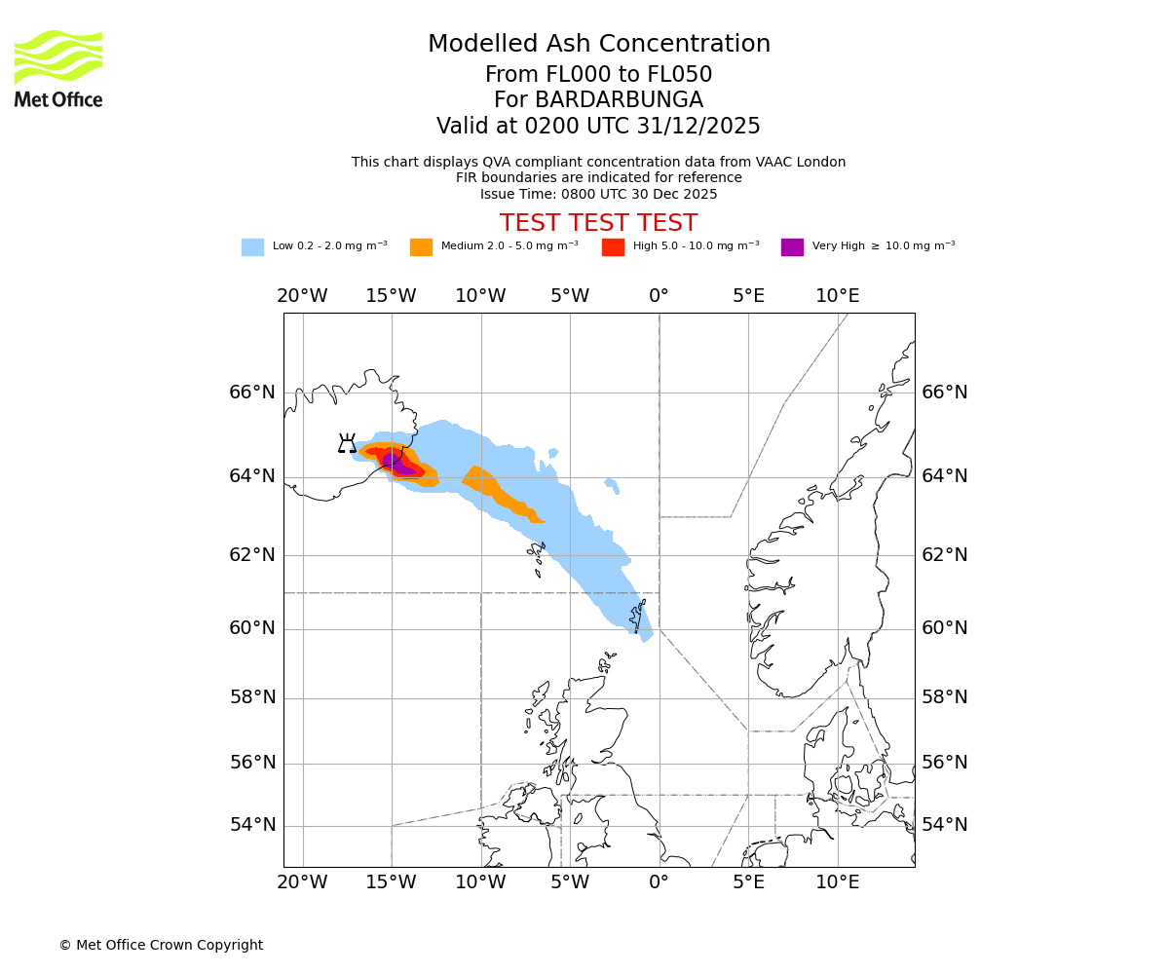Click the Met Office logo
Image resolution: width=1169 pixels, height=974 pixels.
pyautogui.click(x=58, y=68)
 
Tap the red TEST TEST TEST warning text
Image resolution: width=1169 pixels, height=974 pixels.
pyautogui.click(x=598, y=223)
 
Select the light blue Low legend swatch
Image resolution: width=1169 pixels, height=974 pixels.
pyautogui.click(x=252, y=247)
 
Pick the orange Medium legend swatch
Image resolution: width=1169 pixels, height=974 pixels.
pyautogui.click(x=421, y=247)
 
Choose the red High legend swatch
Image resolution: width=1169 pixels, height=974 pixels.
pyautogui.click(x=613, y=247)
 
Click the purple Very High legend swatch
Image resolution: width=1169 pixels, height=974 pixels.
pyautogui.click(x=792, y=247)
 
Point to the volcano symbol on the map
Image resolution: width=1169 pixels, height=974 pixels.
pyautogui.click(x=347, y=444)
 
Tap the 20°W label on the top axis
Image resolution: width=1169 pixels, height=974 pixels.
pyautogui.click(x=302, y=296)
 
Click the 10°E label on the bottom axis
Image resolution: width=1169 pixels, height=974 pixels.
pyautogui.click(x=837, y=882)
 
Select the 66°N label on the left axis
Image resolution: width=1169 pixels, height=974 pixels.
pyautogui.click(x=252, y=393)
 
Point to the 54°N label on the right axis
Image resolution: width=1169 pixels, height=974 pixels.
pyautogui.click(x=945, y=825)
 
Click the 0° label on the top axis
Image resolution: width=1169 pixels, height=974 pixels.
pyautogui.click(x=659, y=296)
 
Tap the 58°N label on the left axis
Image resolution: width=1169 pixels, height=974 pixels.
pyautogui.click(x=252, y=697)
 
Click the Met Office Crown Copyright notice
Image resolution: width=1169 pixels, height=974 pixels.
pyautogui.click(x=161, y=945)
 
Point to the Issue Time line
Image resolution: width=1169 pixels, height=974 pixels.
pyautogui.click(x=598, y=194)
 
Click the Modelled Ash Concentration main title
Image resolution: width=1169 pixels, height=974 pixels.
pyautogui.click(x=598, y=44)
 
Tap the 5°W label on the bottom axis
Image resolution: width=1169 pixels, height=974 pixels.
pyautogui.click(x=570, y=882)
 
